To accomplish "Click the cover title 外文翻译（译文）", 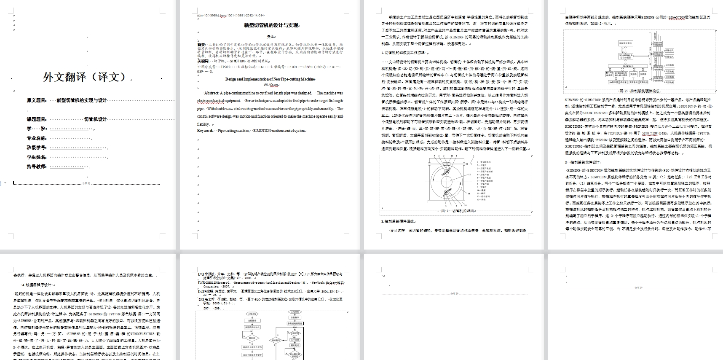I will pyautogui.click(x=85, y=77).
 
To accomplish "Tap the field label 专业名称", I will pyautogui.click(x=37, y=138).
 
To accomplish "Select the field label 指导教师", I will pyautogui.click(x=37, y=167).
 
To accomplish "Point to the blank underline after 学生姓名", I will pyautogui.click(x=78, y=157).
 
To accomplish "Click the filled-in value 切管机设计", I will pyautogui.click(x=95, y=119).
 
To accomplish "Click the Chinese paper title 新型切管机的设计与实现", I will pyautogui.click(x=271, y=25).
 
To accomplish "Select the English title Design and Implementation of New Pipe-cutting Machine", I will pyautogui.click(x=270, y=79).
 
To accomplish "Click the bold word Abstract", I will pyautogui.click(x=211, y=93).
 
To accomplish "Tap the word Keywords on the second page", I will pyautogui.click(x=205, y=131).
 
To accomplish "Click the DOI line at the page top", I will pyautogui.click(x=230, y=16).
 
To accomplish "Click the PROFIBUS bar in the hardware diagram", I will pyautogui.click(x=628, y=66).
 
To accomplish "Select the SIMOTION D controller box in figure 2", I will pyautogui.click(x=626, y=56).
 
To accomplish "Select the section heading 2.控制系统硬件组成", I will pyautogui.click(x=398, y=221).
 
